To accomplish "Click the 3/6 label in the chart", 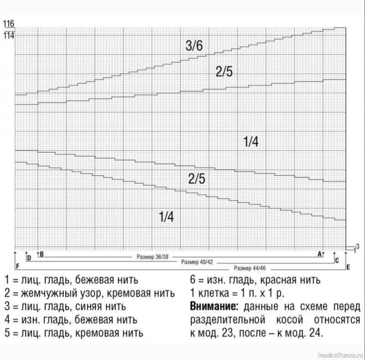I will tap(194, 46).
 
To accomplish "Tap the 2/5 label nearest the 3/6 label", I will tap(224, 71).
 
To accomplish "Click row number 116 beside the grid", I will tap(8, 23).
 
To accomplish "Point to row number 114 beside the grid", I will tap(8, 34).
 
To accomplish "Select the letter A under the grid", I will tap(319, 254).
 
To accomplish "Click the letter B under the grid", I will tap(42, 254).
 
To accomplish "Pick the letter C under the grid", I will tap(337, 261).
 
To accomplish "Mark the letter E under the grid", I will tap(348, 267).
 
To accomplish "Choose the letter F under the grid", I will tap(17, 266).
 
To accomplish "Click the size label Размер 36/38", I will tap(152, 257).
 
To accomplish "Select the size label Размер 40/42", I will tap(197, 262).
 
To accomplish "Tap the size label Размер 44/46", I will tap(250, 268).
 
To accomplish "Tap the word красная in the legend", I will tap(275, 279).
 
